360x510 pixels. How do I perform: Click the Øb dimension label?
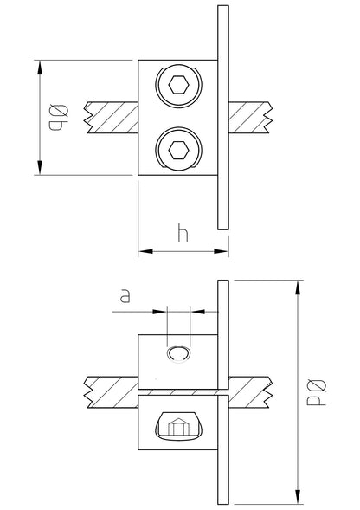(59, 117)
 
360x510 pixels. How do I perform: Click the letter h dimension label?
(183, 233)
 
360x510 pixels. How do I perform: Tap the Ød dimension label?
(317, 392)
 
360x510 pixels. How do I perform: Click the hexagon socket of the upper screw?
(178, 85)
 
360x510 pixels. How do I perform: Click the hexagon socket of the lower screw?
(178, 150)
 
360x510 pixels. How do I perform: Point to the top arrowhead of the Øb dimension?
(40, 68)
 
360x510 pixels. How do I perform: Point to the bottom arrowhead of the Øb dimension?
(40, 167)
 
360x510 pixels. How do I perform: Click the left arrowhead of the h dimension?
(145, 251)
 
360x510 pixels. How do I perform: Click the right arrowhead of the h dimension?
(222, 251)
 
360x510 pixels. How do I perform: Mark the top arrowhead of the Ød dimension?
(298, 287)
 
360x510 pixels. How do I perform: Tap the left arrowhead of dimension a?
(159, 312)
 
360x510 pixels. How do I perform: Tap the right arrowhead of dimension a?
(197, 312)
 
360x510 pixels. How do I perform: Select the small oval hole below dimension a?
(178, 354)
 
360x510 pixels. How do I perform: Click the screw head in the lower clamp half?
(178, 427)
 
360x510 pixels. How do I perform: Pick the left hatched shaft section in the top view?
(112, 118)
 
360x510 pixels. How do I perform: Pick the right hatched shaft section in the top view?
(250, 118)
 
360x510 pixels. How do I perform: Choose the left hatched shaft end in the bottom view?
(112, 392)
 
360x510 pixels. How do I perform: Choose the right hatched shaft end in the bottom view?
(250, 392)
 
